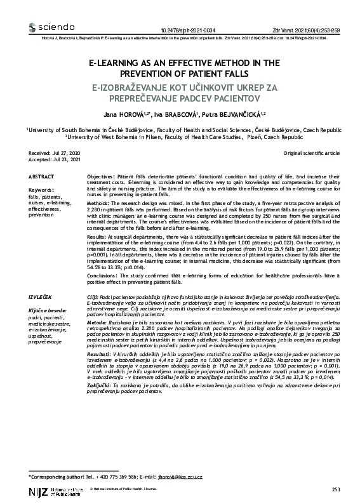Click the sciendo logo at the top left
coord(52,28)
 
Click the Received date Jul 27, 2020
coord(65,154)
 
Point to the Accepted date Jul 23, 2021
coord(65,161)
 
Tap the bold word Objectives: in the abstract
coord(101,175)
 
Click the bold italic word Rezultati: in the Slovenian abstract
coord(100,352)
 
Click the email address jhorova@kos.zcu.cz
coord(189,475)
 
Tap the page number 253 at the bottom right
coord(337,490)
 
